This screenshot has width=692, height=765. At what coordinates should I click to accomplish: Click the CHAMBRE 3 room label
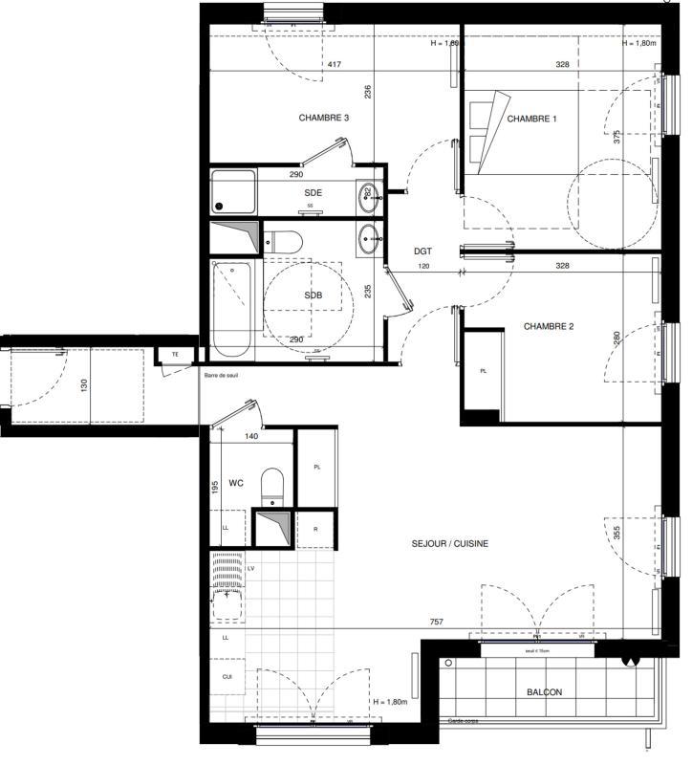point(323,119)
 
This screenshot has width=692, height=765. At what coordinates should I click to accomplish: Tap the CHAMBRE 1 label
point(531,119)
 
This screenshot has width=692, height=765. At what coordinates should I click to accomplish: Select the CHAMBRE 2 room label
point(548,327)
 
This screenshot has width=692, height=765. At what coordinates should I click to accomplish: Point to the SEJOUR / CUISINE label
point(450,544)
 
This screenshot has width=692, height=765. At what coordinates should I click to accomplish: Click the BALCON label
point(545,693)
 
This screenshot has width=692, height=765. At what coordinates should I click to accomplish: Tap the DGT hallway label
point(422,251)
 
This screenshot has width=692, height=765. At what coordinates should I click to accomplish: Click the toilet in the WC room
point(273,485)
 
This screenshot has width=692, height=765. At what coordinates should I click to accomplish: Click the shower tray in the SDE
point(234,191)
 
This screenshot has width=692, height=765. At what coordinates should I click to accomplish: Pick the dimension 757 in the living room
point(436,623)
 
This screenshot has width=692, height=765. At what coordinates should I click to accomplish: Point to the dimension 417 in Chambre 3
point(335,65)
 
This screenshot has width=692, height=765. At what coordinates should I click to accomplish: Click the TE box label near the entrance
point(175,355)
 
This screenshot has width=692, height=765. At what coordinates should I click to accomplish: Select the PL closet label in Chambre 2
point(483,371)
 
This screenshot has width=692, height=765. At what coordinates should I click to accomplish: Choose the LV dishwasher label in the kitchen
point(251,569)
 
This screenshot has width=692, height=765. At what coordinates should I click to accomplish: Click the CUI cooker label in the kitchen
point(227,676)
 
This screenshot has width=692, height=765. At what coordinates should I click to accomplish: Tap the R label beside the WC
point(315,529)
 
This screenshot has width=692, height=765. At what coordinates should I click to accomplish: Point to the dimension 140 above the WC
point(251,436)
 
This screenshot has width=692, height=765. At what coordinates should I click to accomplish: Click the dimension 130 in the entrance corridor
point(84,383)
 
